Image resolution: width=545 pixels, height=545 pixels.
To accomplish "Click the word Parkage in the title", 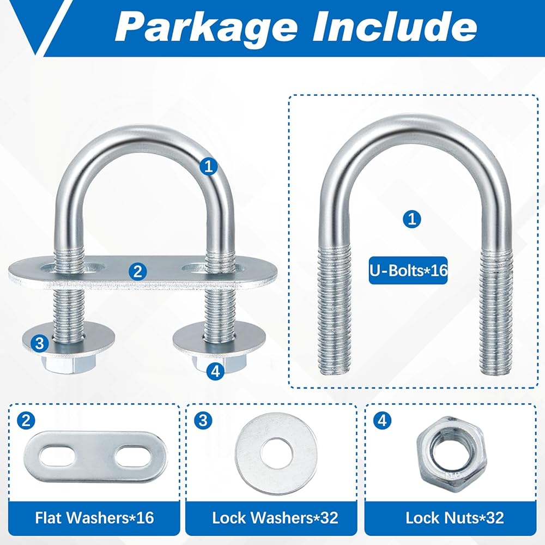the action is [206, 27].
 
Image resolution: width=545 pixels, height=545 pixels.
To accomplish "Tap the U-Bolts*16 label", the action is [408, 270].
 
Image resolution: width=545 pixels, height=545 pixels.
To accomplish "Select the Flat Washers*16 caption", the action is [94, 518].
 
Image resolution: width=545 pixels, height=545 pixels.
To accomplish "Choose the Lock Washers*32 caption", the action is [275, 518].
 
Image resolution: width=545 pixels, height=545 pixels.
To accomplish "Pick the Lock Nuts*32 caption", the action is [455, 518].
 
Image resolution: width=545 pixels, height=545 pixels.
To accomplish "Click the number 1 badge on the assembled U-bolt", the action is [209, 166].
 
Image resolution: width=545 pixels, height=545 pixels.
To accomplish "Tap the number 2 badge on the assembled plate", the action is [138, 271].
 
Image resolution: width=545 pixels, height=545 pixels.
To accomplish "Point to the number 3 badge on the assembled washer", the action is [39, 343].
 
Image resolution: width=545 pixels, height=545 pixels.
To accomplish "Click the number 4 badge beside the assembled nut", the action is [215, 371].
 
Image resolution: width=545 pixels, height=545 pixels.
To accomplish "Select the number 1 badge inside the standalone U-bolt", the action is [412, 219].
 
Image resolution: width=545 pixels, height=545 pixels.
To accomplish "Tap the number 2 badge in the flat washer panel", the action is [26, 421].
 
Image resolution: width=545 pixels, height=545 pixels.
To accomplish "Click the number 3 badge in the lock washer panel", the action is [203, 421].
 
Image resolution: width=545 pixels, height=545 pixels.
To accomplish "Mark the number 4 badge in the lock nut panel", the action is [382, 421].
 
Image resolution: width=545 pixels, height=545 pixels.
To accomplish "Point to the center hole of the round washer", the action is [276, 453].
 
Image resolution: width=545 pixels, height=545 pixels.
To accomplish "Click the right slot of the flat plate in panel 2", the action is [132, 457].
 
